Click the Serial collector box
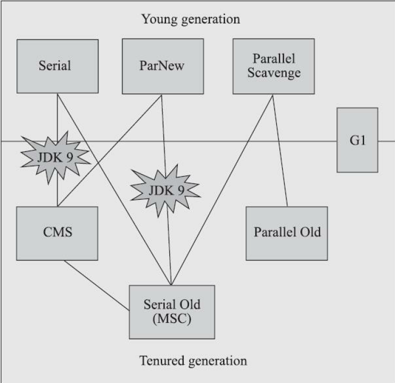(x=57, y=66)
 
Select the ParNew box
(x=163, y=66)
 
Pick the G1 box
(x=357, y=140)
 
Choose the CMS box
(x=57, y=233)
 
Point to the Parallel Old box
(x=287, y=233)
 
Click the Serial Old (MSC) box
(x=171, y=312)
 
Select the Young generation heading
(x=190, y=20)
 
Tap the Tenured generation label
(x=193, y=361)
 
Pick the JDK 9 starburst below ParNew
(x=165, y=189)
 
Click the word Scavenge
(x=274, y=73)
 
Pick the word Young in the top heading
(x=158, y=20)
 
